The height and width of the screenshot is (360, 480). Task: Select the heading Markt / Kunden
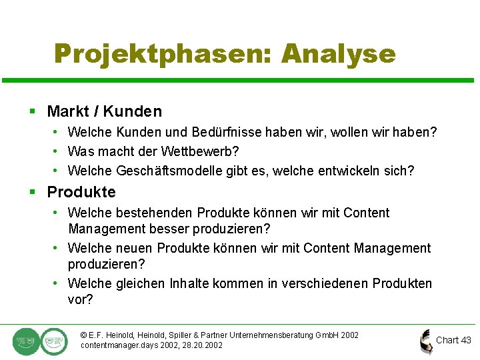(x=104, y=111)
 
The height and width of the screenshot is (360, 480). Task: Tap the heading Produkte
(x=81, y=192)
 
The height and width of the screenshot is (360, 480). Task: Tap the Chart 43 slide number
(x=453, y=340)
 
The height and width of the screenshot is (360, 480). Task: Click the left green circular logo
(x=26, y=341)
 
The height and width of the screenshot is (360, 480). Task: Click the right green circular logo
(x=53, y=341)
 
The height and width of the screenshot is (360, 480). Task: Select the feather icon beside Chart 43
(x=425, y=341)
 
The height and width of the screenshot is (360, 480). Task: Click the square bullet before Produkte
(x=32, y=193)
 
